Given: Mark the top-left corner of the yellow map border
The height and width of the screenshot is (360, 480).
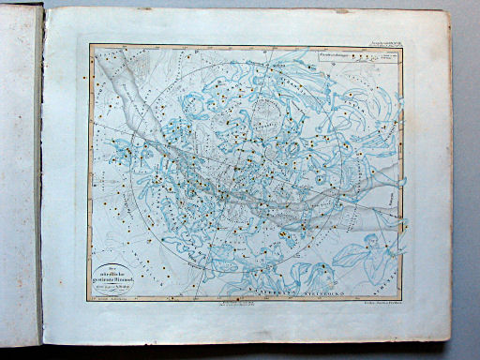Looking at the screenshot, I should [x=90, y=46].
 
